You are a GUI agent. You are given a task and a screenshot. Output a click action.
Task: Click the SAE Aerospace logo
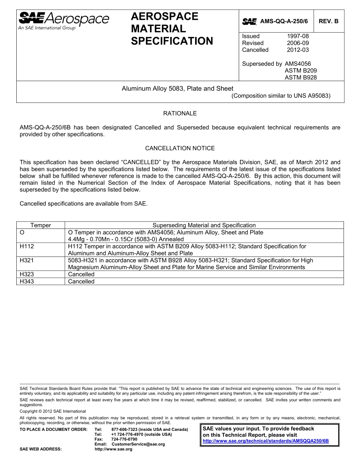tap(64, 20)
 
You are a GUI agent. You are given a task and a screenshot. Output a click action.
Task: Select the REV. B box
tap(329, 22)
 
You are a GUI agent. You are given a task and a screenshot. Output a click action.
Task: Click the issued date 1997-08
tap(297, 36)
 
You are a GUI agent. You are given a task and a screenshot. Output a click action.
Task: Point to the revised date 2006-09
tap(297, 43)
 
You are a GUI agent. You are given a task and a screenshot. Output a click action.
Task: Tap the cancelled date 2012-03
tap(297, 50)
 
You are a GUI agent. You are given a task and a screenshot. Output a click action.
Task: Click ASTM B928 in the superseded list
tap(301, 77)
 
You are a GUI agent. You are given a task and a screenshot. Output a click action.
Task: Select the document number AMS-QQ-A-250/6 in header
tap(284, 22)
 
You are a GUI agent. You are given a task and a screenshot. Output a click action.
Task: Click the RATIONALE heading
tap(180, 113)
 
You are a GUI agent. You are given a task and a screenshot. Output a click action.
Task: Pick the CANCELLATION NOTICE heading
tap(180, 148)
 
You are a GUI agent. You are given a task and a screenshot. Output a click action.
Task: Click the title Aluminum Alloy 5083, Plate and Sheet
tap(177, 89)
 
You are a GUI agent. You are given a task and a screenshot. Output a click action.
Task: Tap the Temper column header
tap(41, 225)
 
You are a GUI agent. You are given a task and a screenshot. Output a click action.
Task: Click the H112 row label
tap(27, 246)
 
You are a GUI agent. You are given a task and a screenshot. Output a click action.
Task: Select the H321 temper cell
tap(27, 260)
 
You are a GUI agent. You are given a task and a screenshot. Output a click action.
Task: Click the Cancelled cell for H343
tap(81, 282)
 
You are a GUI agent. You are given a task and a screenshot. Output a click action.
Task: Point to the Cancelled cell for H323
tap(81, 274)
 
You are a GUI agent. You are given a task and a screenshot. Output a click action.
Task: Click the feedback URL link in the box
tap(266, 441)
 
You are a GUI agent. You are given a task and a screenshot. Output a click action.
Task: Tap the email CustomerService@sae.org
tap(138, 444)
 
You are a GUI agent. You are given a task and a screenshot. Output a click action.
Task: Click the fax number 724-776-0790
tap(124, 439)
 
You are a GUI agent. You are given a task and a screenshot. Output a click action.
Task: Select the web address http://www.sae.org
tap(113, 449)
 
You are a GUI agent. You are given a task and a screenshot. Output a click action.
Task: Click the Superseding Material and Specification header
tap(204, 225)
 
